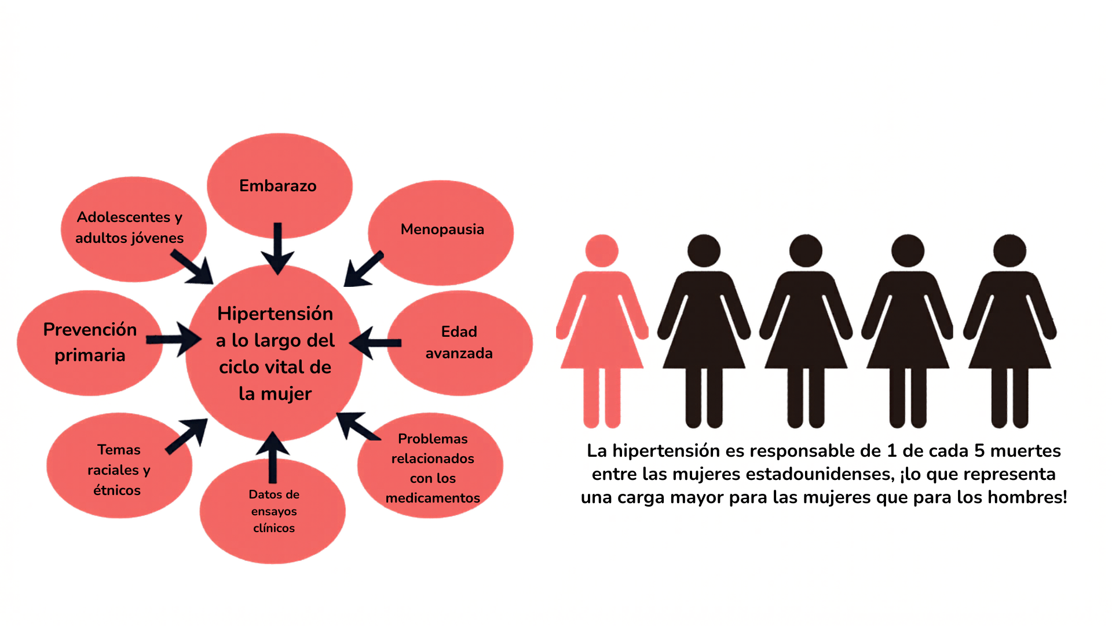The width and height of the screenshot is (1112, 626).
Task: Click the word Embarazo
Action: (278, 186)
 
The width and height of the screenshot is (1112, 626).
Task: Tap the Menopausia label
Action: (442, 230)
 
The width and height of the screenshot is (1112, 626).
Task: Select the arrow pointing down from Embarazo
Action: (277, 248)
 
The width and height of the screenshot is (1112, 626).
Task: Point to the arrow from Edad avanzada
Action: (375, 343)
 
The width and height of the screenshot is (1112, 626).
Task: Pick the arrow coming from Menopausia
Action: (363, 269)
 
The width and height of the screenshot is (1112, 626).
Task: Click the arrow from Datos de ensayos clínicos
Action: (272, 457)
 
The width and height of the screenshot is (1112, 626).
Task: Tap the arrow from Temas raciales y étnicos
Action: (186, 435)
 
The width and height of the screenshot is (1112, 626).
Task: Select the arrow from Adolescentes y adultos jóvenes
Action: (192, 267)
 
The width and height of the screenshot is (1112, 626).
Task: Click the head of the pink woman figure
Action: (602, 251)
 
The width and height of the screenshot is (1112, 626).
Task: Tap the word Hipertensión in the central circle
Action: (275, 314)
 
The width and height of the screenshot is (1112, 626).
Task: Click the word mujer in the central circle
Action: (286, 395)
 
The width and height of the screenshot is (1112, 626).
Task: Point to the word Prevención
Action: (90, 329)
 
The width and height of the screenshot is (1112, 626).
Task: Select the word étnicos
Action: (117, 490)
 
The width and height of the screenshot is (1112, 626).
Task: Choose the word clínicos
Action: (274, 528)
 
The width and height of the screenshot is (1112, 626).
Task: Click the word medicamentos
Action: (433, 498)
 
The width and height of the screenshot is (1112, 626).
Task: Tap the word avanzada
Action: (459, 353)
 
